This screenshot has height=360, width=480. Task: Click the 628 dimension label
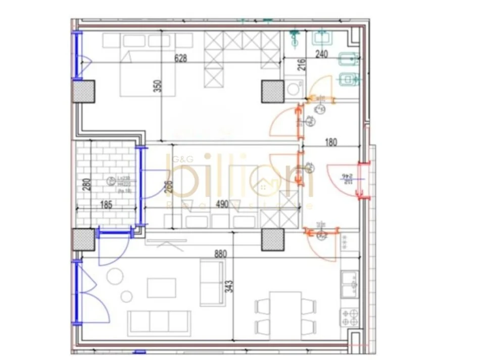(x=181, y=58)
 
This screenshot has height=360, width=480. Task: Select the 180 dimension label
(x=330, y=143)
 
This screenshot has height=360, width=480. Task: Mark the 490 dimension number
(x=222, y=204)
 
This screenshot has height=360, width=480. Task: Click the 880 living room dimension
(x=220, y=254)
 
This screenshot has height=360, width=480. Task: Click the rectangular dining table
(x=285, y=313)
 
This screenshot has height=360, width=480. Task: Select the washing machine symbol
(x=292, y=89)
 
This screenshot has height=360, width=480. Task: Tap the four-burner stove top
(x=349, y=318)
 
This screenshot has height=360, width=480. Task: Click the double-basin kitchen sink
(x=349, y=285)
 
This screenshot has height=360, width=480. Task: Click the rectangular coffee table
(x=162, y=288)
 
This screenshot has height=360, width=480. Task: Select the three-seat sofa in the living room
(x=159, y=323)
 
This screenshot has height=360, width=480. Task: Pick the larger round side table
(x=115, y=276)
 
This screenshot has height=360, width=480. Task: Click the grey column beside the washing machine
(x=272, y=91)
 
